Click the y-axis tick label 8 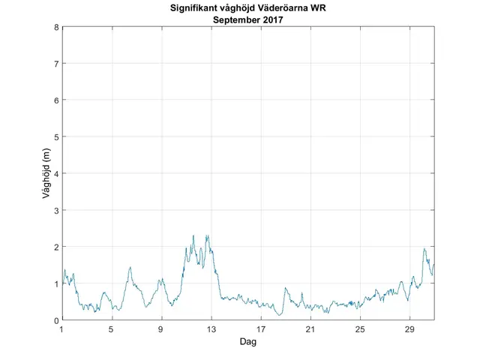coord(56,27)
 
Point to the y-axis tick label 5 coord(56,136)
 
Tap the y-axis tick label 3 coord(56,210)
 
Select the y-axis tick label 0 coord(56,320)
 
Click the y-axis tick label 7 coord(56,64)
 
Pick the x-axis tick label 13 coord(211,330)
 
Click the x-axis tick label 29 coord(409,330)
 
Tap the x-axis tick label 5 coord(111,330)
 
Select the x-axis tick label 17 coord(260,330)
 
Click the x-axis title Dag coord(247,341)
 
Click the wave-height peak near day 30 coord(424,249)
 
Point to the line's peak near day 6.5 coord(130,267)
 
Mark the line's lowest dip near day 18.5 coord(279,315)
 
